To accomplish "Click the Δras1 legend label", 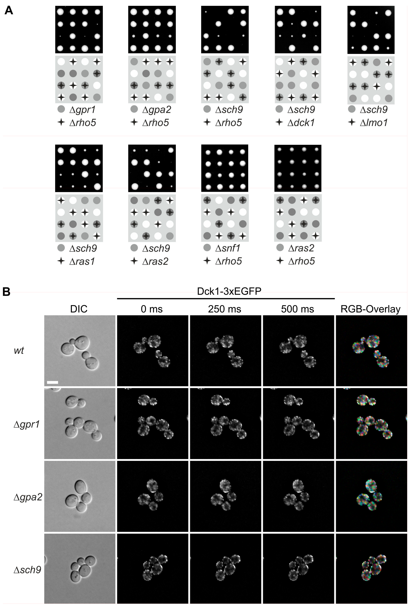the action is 82,261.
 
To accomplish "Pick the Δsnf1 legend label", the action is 228,248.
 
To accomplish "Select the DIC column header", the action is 79,309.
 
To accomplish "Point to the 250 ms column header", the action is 225,309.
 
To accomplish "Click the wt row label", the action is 19,350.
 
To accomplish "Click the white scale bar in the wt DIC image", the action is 52,382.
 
